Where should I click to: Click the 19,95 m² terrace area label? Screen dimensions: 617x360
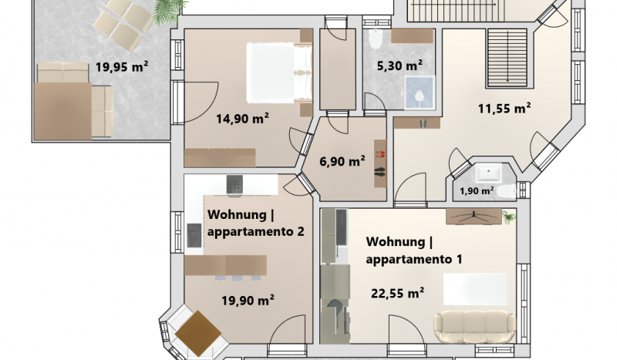tap(122, 67)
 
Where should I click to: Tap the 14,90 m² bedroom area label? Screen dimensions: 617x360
tap(242, 118)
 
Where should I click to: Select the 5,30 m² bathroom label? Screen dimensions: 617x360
tap(400, 66)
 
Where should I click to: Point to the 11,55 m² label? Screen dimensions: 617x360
tap(504, 108)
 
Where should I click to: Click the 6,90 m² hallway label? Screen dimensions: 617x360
tap(342, 161)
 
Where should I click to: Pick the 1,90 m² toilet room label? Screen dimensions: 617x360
tap(477, 191)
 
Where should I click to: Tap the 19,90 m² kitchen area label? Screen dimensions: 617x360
tap(248, 301)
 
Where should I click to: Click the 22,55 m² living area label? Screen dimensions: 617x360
tap(397, 293)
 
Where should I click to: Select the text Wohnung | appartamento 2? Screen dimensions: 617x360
tap(256, 223)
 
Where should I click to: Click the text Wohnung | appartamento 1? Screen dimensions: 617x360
tap(414, 251)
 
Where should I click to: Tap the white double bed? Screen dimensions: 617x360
tap(279, 73)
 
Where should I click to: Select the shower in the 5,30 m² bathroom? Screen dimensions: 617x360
tap(420, 93)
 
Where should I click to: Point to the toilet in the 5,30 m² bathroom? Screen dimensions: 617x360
tap(376, 39)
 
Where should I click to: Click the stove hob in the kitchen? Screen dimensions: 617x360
tap(234, 184)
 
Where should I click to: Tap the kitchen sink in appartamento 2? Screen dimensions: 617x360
tap(194, 235)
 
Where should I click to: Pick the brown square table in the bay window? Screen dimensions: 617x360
tap(198, 333)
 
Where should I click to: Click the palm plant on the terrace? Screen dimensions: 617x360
tap(169, 11)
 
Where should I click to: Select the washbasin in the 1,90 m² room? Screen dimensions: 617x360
tap(488, 173)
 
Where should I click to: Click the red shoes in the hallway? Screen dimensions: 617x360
tap(380, 154)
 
